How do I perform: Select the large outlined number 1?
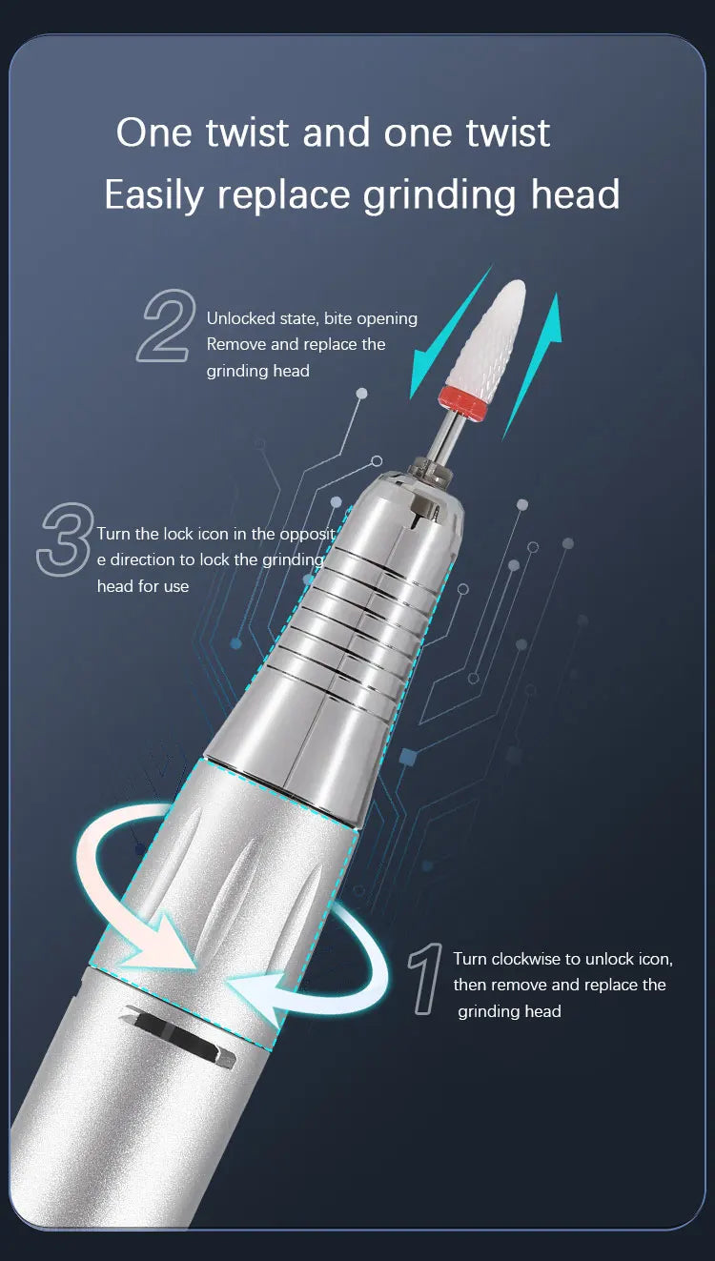click(425, 978)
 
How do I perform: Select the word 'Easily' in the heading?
click(153, 195)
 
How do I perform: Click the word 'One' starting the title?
click(153, 132)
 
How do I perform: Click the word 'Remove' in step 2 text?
click(235, 344)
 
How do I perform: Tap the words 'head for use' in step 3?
click(143, 586)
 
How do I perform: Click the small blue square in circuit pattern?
click(408, 757)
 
